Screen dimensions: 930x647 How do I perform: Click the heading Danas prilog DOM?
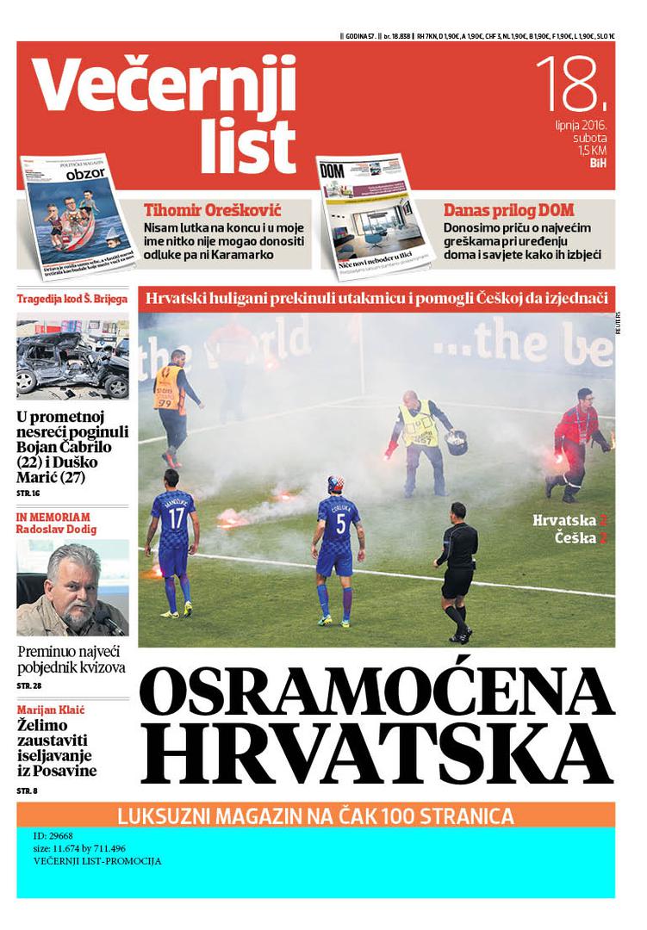[508, 209]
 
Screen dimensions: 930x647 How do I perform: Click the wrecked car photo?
[72, 359]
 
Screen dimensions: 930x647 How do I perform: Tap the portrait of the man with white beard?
[72, 588]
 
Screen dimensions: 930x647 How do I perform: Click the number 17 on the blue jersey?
[177, 518]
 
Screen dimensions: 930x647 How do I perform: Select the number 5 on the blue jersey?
[339, 523]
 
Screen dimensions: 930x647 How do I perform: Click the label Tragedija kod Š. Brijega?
[72, 300]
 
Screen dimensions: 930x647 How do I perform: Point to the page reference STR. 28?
[29, 685]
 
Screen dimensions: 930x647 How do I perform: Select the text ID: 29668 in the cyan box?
[53, 836]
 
